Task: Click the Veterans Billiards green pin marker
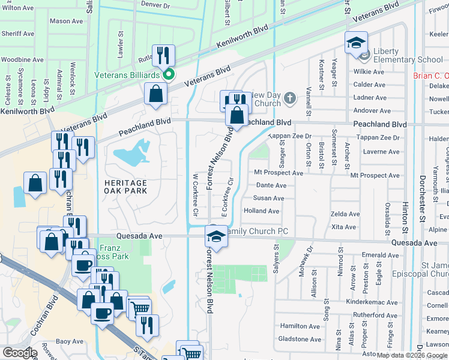[x=169, y=75]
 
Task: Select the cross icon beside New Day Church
[x=289, y=98]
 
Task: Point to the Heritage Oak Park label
[x=125, y=186]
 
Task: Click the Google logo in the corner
[x=19, y=352]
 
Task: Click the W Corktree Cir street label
[x=195, y=196]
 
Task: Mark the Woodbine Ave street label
[x=22, y=60]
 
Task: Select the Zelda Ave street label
[x=345, y=214]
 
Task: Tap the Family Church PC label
[x=256, y=232]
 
